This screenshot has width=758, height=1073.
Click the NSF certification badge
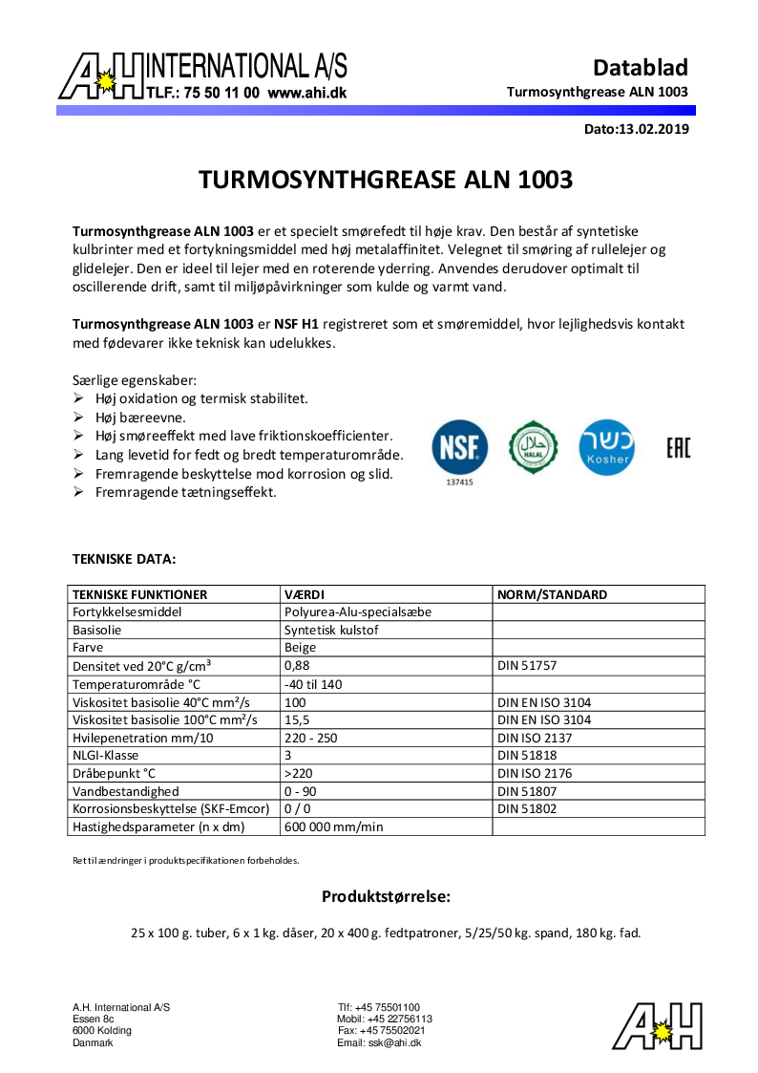coord(460,446)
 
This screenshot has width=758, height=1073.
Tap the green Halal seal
coord(533,446)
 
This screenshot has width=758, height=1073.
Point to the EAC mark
coord(678,447)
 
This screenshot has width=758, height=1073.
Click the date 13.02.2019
coord(654,128)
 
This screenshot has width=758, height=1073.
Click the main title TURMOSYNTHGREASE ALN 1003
coord(386,180)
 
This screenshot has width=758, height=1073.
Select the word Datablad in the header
coord(640,68)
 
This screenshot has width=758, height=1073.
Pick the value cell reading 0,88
coord(297,665)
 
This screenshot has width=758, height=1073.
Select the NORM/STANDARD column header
coord(552,594)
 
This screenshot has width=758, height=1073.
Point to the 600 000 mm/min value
coord(333,826)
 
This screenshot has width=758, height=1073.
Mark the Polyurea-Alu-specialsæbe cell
coord(358,612)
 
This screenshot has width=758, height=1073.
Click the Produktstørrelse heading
coord(386,896)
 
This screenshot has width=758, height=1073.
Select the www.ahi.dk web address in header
coord(306,94)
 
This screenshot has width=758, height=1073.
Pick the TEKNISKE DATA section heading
coord(124,558)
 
